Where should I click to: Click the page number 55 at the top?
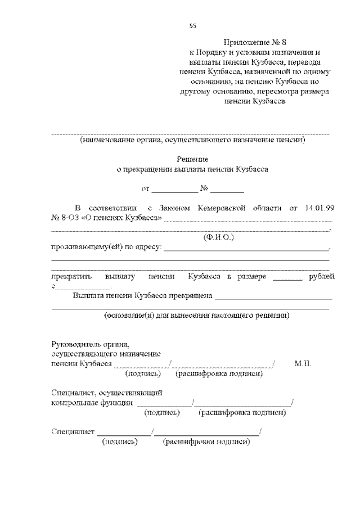coord(193,26)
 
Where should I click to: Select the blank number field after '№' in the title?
coord(228,189)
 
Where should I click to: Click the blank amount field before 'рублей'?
coord(287,278)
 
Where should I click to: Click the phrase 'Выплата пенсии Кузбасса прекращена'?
coord(142,295)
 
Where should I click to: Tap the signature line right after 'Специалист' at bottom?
coord(124,434)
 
